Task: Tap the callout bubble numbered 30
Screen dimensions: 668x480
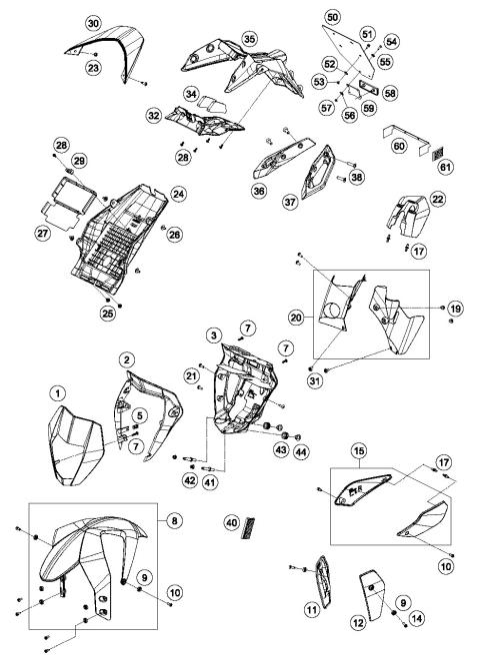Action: pyautogui.click(x=93, y=22)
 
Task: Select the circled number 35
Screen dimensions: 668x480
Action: pyautogui.click(x=249, y=39)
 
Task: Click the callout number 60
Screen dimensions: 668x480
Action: pyautogui.click(x=398, y=147)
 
